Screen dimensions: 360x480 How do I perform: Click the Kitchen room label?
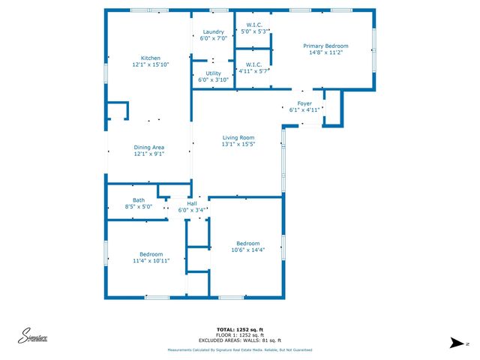[151, 58]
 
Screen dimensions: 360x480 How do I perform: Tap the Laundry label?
[214, 31]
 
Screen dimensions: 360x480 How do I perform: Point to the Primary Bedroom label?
[325, 46]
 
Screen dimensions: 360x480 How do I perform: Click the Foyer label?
[304, 103]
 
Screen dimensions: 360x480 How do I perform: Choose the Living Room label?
[238, 137]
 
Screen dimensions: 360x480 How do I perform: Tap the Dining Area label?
[148, 147]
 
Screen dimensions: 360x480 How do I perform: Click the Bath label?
[139, 199]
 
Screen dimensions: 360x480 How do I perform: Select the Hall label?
[191, 203]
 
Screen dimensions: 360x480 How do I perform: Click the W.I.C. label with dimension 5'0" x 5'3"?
[253, 31]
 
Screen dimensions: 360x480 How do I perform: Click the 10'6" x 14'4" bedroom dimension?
[247, 250]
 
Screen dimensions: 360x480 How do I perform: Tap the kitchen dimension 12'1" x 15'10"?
[151, 65]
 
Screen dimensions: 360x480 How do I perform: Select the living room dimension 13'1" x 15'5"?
[238, 145]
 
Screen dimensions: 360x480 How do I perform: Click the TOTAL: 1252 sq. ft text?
[240, 329]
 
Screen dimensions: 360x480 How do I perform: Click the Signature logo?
[33, 337]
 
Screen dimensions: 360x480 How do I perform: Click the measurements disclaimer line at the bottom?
[240, 350]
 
